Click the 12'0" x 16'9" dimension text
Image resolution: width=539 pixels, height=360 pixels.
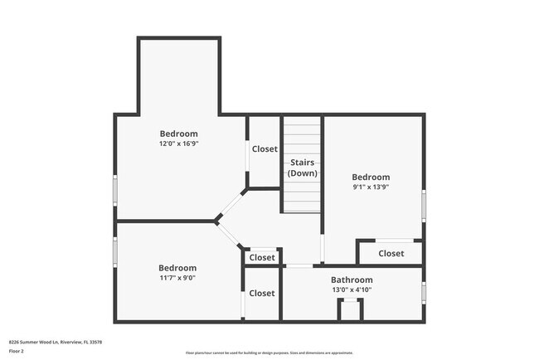point(178,144)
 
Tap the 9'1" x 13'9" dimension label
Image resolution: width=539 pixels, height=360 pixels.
point(370,187)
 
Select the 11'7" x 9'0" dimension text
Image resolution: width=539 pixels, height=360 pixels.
point(177,278)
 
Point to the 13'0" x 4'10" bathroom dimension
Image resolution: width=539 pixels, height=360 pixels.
point(352,289)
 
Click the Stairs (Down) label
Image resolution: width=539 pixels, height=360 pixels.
point(302,168)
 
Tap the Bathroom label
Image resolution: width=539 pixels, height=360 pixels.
point(352,280)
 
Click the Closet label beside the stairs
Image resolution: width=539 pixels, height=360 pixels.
point(265,149)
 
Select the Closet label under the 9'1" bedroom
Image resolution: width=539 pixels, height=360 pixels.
point(391,253)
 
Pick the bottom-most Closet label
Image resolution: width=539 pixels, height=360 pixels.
point(262,293)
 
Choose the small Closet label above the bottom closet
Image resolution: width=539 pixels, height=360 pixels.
point(262,258)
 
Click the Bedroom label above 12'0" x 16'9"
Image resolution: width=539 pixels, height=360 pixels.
point(178,134)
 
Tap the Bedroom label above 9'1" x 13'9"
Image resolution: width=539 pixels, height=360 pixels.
point(370,177)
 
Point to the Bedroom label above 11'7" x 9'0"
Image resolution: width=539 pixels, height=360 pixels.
point(177,268)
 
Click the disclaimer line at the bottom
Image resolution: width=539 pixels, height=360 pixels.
point(269,353)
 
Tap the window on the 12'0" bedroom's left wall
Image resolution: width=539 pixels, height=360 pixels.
point(115,190)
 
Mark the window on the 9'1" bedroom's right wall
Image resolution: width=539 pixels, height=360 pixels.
point(423,203)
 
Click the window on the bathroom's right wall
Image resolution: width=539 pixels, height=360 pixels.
point(423,292)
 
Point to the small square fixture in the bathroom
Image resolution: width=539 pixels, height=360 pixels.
point(350,309)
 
